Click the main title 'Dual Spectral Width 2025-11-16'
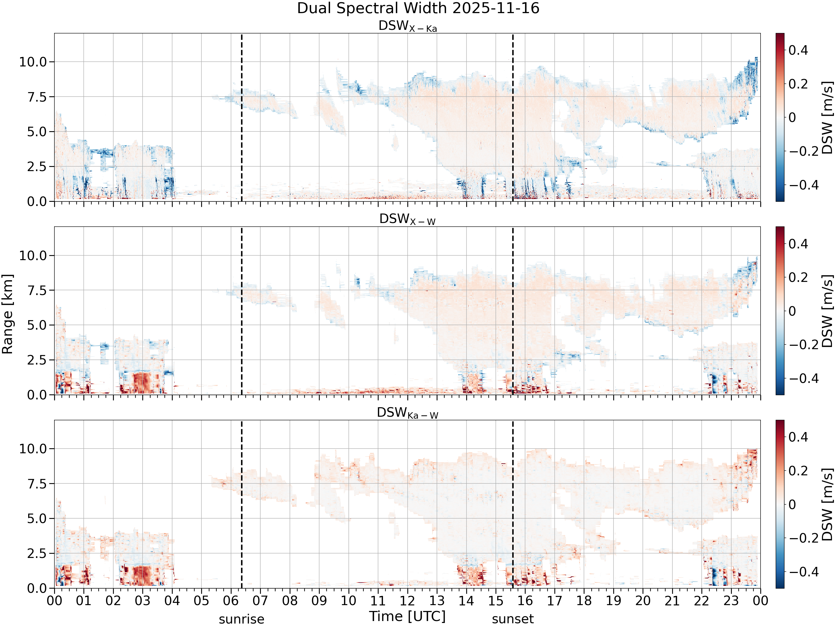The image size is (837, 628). click(x=418, y=8)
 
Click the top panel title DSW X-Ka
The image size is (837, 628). click(x=408, y=26)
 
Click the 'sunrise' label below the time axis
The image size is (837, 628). click(x=241, y=619)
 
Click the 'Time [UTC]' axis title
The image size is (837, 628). click(x=408, y=616)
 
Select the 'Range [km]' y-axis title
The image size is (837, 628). click(x=8, y=314)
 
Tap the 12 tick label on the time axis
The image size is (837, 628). click(x=408, y=601)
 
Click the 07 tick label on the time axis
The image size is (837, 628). click(x=260, y=601)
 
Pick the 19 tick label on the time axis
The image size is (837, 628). click(x=613, y=601)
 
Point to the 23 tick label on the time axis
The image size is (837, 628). click(x=731, y=601)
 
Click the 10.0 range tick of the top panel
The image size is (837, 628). click(x=33, y=62)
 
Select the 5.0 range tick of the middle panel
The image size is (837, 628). click(x=37, y=325)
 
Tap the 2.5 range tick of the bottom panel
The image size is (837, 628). click(x=37, y=553)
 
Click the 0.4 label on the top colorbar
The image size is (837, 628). click(x=798, y=50)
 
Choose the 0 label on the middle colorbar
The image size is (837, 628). click(x=792, y=311)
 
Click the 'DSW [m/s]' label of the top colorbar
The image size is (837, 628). click(x=828, y=117)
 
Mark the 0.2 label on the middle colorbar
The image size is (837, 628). click(x=798, y=277)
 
